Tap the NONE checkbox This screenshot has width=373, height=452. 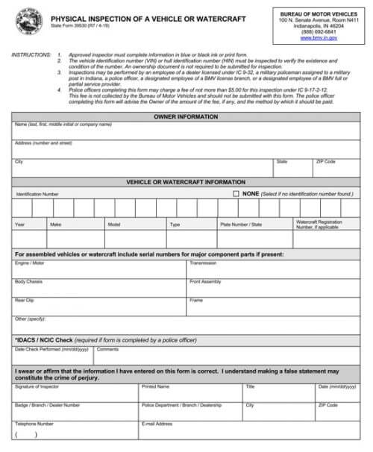pos(236,193)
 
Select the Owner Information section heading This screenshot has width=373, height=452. pos(186,117)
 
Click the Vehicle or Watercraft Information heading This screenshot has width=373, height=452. pos(186,182)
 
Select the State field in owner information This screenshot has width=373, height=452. pos(292,169)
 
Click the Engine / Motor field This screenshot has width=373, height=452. pos(98,271)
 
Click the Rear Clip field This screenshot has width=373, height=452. pos(98,308)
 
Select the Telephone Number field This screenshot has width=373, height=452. pos(75,433)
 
